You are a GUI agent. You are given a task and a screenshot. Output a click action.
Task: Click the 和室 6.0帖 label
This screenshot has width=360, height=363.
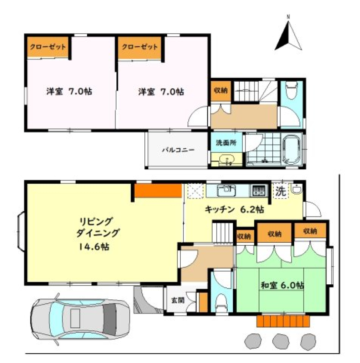pyautogui.click(x=282, y=285)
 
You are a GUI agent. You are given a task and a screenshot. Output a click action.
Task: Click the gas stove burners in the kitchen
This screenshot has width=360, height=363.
pyautogui.click(x=259, y=190)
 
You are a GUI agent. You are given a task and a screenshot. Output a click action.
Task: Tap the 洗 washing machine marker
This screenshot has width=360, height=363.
pyautogui.click(x=280, y=191)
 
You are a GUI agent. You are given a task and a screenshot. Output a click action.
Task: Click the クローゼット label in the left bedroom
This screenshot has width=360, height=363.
pyautogui.click(x=48, y=47)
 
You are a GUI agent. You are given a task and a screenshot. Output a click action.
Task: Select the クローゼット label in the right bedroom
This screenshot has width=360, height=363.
pyautogui.click(x=139, y=47)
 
